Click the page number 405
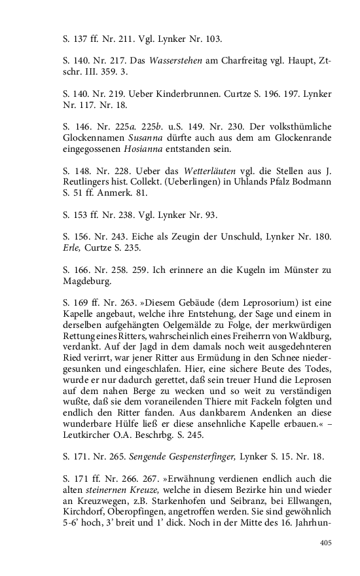pos(325,542)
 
